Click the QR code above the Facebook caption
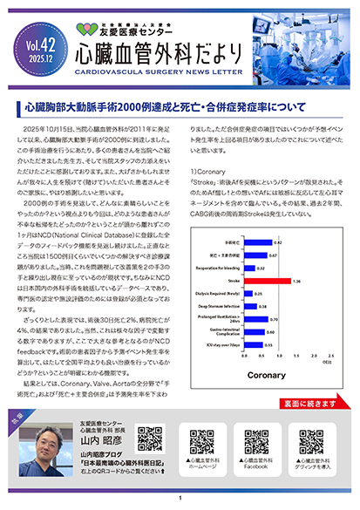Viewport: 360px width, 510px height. coord(256,440)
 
